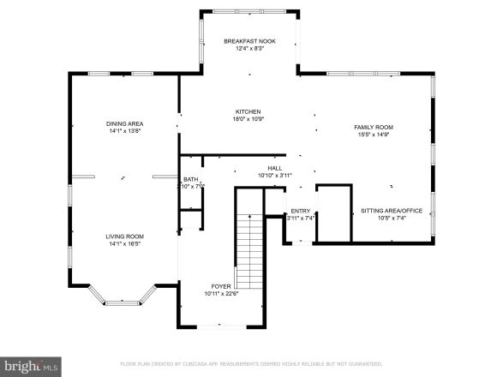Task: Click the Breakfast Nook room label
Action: [x=249, y=41]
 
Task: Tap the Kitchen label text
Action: [x=249, y=111]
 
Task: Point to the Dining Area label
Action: [x=124, y=123]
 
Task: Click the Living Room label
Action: [x=124, y=236]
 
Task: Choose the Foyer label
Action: [x=221, y=286]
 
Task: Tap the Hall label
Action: [x=275, y=168]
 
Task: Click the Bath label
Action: [x=189, y=179]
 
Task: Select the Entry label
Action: [x=300, y=210]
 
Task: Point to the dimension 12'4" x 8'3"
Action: [x=249, y=49]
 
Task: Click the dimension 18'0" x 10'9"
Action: [x=249, y=119]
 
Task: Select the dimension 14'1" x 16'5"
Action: [x=124, y=244]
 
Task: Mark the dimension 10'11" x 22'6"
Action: [x=221, y=294]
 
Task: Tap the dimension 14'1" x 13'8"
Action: [x=124, y=131]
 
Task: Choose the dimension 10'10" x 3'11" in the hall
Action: [x=275, y=176]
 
